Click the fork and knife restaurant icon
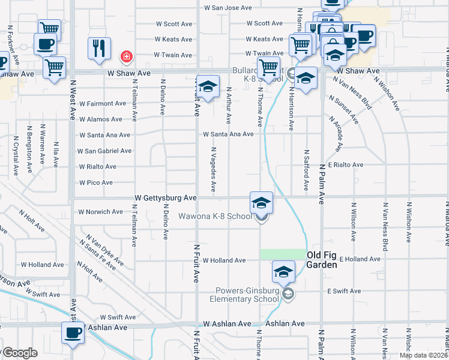pyautogui.click(x=100, y=48)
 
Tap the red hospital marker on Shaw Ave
pyautogui.click(x=126, y=57)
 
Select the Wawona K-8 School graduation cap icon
pyautogui.click(x=261, y=203)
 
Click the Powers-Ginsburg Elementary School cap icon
pyautogui.click(x=284, y=272)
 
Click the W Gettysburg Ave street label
pyautogui.click(x=166, y=197)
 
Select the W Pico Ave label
pyautogui.click(x=96, y=182)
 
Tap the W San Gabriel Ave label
pyautogui.click(x=105, y=151)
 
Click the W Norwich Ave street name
pyautogui.click(x=101, y=212)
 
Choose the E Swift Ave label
pyautogui.click(x=344, y=291)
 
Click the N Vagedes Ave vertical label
pyautogui.click(x=214, y=169)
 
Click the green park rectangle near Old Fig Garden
pyautogui.click(x=282, y=254)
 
